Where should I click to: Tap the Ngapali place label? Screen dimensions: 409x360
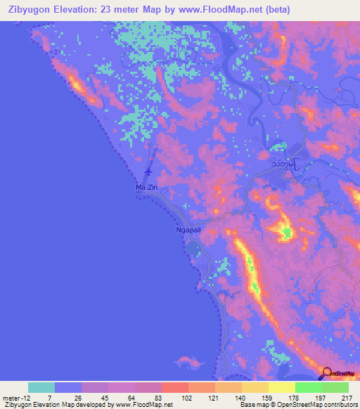[x=189, y=230]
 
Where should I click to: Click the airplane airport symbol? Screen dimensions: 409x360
[x=148, y=171]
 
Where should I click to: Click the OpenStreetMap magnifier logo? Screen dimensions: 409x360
[x=328, y=375]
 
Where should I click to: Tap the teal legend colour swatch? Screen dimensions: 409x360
[x=41, y=387]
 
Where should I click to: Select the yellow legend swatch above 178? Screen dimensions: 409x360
[x=281, y=387]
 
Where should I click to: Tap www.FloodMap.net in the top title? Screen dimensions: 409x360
[x=212, y=9]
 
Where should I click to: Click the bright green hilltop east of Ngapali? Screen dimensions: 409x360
[x=286, y=233]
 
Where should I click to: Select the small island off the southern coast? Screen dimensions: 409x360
[x=188, y=361]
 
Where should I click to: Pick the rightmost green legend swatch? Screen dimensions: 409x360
[x=335, y=387]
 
